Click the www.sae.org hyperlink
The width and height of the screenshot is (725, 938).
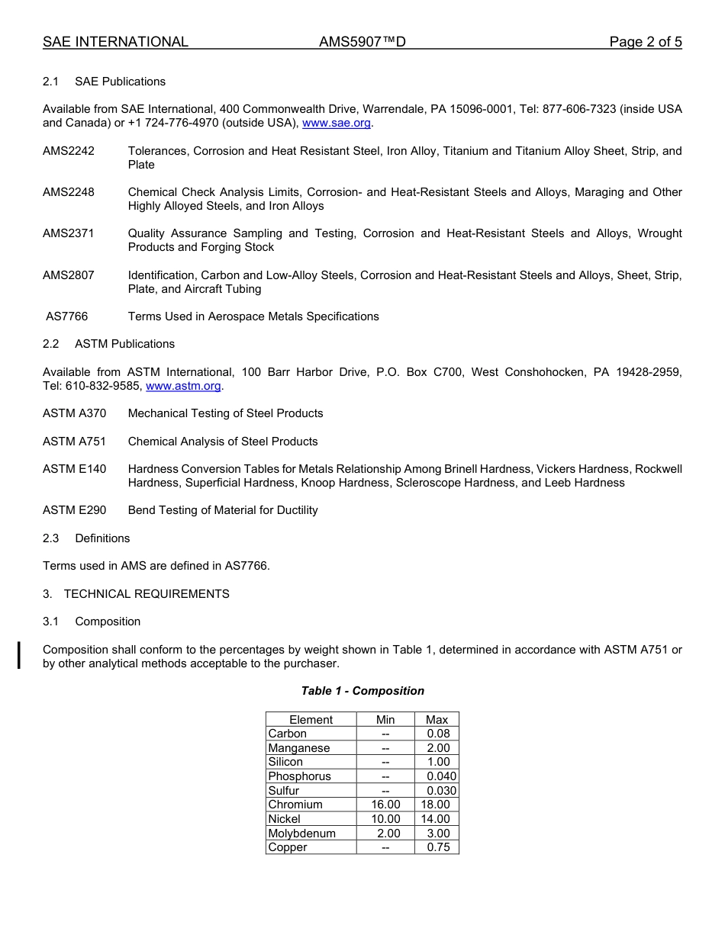(x=337, y=123)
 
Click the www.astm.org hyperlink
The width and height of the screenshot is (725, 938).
(x=183, y=386)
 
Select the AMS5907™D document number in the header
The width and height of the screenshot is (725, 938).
(x=362, y=42)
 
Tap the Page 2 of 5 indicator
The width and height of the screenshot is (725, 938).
(x=645, y=42)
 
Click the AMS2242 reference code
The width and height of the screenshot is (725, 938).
(x=69, y=151)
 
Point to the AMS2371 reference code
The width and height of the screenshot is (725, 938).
(x=69, y=233)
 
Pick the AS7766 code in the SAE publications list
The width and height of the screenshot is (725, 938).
(x=67, y=316)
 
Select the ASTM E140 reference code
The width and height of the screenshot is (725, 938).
(x=75, y=469)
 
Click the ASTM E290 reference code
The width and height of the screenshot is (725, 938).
(x=75, y=510)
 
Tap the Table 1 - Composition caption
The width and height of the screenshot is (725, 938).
(x=362, y=691)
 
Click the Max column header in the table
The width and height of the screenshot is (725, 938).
(x=437, y=720)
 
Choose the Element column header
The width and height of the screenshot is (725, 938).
(x=311, y=720)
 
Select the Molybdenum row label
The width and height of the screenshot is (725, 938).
(x=301, y=834)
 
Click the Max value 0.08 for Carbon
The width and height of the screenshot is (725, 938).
(x=438, y=734)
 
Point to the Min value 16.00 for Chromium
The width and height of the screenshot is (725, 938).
(x=385, y=805)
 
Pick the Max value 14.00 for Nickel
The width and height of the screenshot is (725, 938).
(x=436, y=819)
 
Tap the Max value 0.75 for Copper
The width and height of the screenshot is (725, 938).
(x=438, y=847)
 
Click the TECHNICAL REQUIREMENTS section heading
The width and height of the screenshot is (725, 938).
(x=147, y=594)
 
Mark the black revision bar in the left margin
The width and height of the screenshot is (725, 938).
(x=19, y=656)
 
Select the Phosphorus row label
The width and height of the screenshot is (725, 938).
(x=299, y=776)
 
